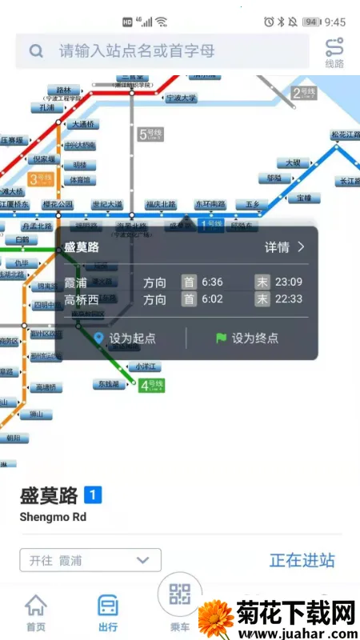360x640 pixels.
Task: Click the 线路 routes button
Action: pos(334,53)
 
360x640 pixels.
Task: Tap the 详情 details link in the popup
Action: pos(285,247)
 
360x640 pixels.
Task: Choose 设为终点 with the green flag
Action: pos(247,338)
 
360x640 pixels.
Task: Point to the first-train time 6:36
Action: pos(212,282)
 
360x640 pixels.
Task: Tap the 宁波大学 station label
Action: pos(181,98)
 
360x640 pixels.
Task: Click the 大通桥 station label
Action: pos(83,124)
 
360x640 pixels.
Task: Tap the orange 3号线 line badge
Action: pos(40,179)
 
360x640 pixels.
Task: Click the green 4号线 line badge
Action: pos(151,386)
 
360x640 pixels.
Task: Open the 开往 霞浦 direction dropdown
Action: pos(90,560)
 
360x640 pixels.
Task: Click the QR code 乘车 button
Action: pos(180,597)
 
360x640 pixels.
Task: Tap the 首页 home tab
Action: pos(35,612)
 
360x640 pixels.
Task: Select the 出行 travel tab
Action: pos(108,612)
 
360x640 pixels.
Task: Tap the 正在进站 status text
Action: pos(302,560)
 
